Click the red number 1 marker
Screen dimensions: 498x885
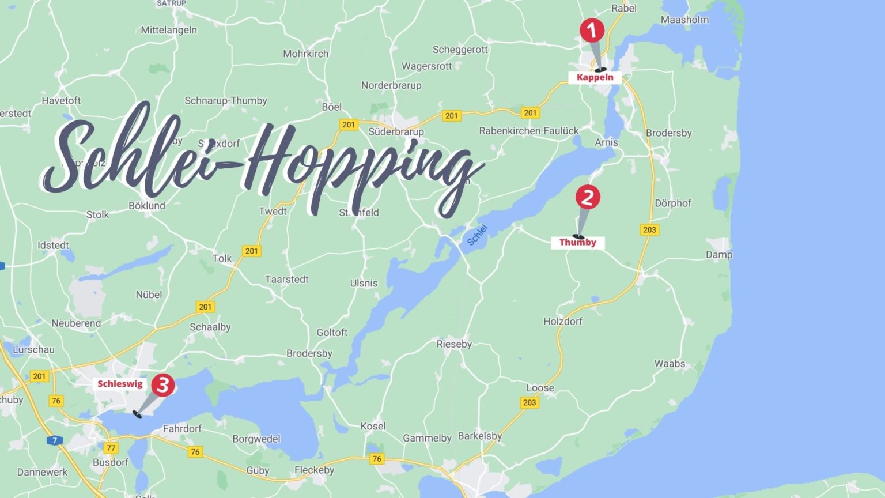[x=591, y=31]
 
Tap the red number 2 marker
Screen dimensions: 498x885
[x=587, y=197]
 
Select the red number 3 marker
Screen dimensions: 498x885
[x=162, y=384]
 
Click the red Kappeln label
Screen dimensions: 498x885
[x=595, y=77]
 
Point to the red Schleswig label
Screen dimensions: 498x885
[x=120, y=384]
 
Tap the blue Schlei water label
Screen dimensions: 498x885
[x=477, y=235]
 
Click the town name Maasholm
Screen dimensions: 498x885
[x=684, y=20]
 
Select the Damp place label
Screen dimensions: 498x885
[x=719, y=254]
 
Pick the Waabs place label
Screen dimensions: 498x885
[x=670, y=364]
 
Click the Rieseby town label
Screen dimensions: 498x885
[x=454, y=344]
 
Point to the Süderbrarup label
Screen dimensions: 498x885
[x=396, y=131]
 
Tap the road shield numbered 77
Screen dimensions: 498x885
[x=111, y=448]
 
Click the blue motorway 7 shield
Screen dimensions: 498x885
[x=55, y=440]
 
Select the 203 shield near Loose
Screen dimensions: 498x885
[x=530, y=402]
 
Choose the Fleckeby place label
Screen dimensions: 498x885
[x=314, y=470]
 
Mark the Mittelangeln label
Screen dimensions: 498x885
[x=169, y=30]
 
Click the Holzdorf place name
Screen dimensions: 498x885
[x=562, y=321]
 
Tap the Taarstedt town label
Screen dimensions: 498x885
[x=286, y=280]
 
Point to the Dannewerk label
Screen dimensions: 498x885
[x=42, y=472]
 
